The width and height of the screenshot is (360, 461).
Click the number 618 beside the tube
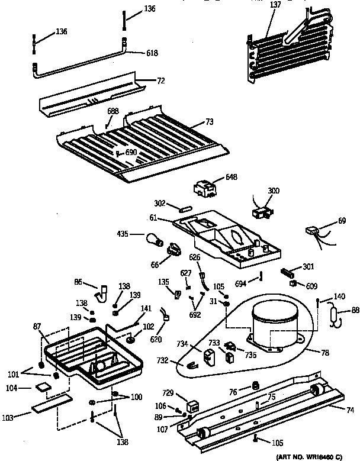(152, 53)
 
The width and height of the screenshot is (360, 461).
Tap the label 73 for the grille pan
(209, 121)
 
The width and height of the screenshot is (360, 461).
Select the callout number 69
(341, 221)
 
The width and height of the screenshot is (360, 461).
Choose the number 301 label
(308, 267)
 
